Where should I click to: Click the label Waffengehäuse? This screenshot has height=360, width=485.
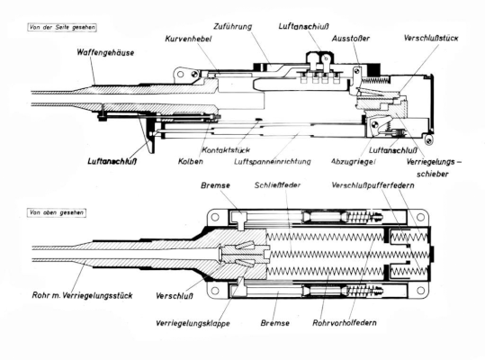click(105, 52)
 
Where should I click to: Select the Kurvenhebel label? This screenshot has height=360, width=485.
click(188, 39)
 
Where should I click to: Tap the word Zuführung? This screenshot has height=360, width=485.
click(232, 27)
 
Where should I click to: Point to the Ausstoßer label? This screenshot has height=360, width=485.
click(351, 39)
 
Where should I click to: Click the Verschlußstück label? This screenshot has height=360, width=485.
click(431, 38)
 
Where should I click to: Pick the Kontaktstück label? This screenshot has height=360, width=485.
click(226, 150)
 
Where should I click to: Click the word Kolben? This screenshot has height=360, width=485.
click(191, 161)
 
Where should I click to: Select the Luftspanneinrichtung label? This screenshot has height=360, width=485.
click(272, 161)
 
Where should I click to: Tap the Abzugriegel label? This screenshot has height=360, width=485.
click(354, 161)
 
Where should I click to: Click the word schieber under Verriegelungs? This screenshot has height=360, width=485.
click(433, 174)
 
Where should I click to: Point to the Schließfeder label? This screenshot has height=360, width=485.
click(277, 185)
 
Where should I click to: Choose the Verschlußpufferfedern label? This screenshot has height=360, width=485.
click(373, 185)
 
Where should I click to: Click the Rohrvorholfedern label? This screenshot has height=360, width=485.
click(345, 323)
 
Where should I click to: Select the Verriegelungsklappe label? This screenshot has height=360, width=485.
click(193, 323)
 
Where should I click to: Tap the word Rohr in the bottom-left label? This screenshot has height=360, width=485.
click(40, 295)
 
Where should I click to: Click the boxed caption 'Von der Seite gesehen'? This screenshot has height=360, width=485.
click(62, 28)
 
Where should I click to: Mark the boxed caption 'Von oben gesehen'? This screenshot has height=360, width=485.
click(57, 212)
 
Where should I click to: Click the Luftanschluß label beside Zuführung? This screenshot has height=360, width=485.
click(303, 26)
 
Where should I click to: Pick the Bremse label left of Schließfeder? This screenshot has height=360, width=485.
click(215, 185)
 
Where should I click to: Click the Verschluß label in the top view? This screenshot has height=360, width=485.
click(175, 296)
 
